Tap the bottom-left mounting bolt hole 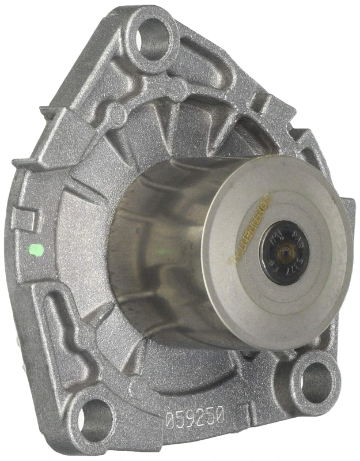click(x=94, y=416)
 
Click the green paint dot click(x=36, y=251)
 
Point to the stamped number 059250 click(x=194, y=415)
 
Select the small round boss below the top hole click(x=118, y=114)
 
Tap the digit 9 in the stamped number click(x=190, y=415)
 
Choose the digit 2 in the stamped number click(x=200, y=415)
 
